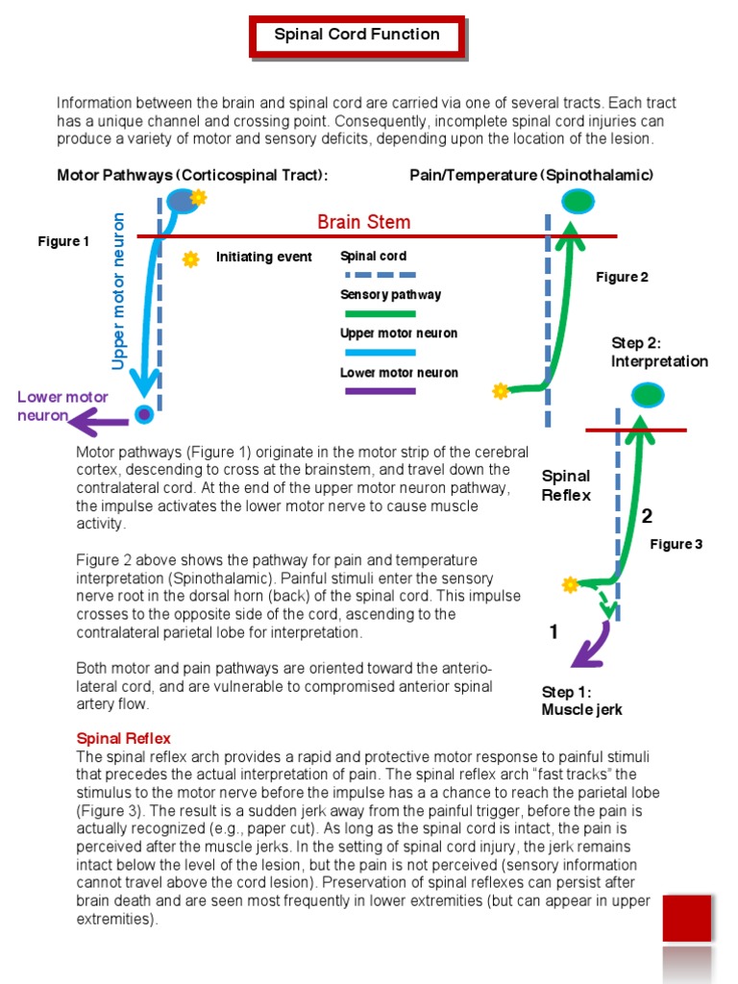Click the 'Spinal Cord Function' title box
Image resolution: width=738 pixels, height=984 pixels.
[357, 35]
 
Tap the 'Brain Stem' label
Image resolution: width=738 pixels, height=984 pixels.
[363, 222]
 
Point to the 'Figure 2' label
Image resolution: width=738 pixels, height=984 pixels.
[622, 277]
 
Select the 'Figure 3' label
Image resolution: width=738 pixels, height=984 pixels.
[676, 544]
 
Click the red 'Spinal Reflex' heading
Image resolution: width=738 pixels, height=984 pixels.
[123, 738]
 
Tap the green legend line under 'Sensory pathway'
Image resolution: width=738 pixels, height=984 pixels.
[378, 313]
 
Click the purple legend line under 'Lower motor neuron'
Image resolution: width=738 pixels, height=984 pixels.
[378, 391]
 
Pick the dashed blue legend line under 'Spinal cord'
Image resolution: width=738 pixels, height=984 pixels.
[378, 275]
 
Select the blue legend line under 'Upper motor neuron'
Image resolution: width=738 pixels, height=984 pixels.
[378, 353]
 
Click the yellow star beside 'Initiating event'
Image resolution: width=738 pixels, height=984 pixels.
[190, 258]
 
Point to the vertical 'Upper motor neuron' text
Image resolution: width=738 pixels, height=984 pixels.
[119, 291]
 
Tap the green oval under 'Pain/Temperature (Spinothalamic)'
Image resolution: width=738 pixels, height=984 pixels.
[578, 201]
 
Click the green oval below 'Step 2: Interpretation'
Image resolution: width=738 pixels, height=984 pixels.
[648, 394]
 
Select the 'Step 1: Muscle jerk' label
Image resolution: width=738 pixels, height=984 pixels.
[581, 701]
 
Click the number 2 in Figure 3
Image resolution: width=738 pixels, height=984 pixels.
[647, 516]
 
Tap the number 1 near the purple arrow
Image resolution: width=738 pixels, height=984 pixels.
[553, 631]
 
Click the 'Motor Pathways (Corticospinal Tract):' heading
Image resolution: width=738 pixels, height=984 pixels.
[192, 175]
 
